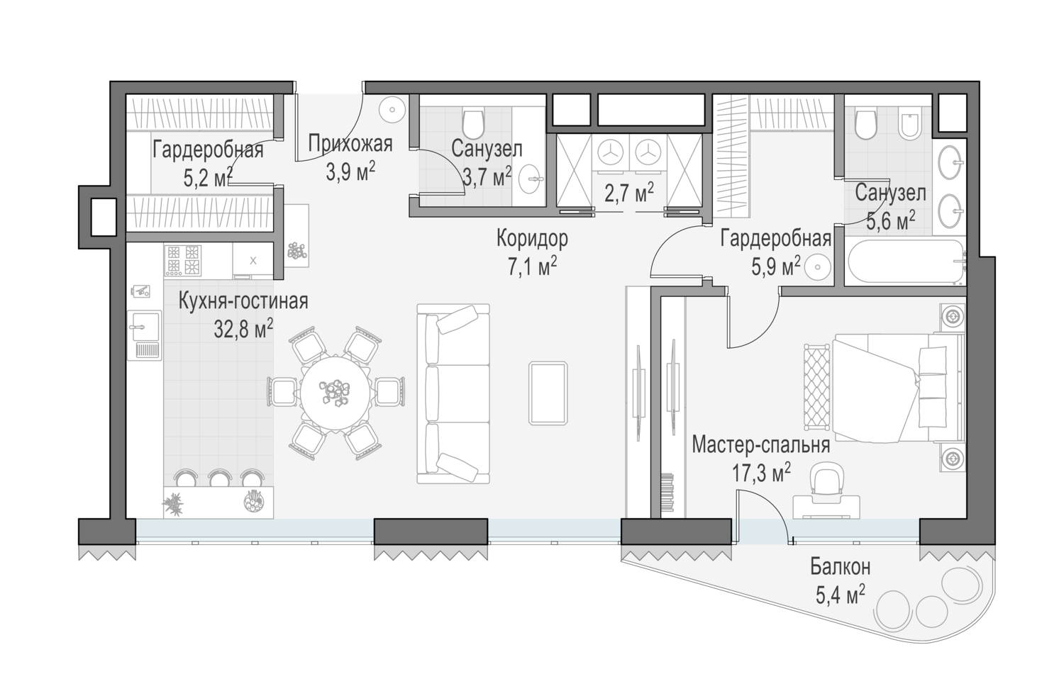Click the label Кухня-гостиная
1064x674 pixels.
(243, 302)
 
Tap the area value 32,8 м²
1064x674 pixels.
(243, 329)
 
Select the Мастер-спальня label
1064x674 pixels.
(761, 445)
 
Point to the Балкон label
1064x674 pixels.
(841, 567)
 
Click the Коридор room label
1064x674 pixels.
(532, 239)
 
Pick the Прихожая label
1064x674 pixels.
(350, 144)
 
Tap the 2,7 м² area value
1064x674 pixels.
(629, 193)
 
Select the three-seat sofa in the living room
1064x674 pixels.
(453, 394)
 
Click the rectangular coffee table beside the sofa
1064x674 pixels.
(548, 393)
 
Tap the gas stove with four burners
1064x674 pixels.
(183, 261)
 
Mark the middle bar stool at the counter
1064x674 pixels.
(220, 478)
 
